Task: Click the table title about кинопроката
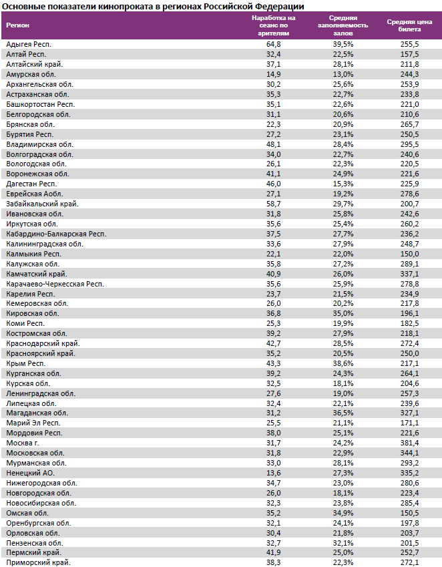[154, 6]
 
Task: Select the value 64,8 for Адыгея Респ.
[273, 44]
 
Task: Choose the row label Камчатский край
[36, 274]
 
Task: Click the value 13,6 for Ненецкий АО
[273, 472]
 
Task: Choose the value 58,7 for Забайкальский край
[273, 204]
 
